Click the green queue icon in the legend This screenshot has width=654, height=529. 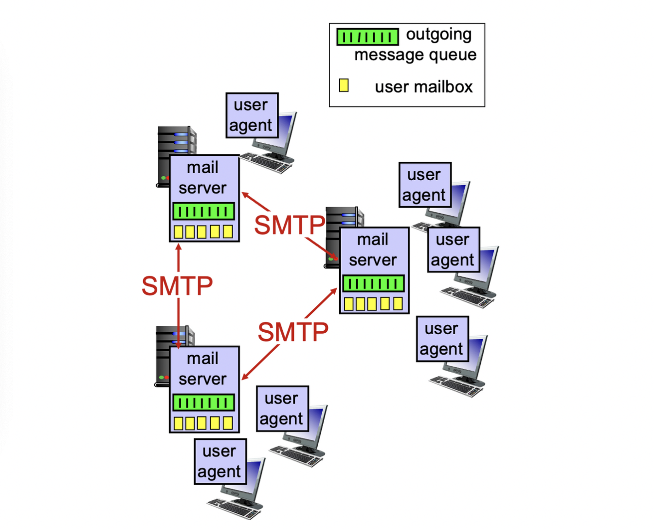tap(367, 37)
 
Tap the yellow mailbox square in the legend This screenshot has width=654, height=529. tap(344, 86)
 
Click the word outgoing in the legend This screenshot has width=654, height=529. tap(438, 35)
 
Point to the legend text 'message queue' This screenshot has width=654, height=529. tap(415, 55)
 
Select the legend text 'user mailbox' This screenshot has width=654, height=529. tap(423, 87)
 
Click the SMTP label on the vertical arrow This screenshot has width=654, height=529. tap(177, 285)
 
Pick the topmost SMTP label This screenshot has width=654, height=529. tap(290, 225)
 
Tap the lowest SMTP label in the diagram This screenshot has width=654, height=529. tap(293, 332)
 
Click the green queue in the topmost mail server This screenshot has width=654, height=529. tap(203, 211)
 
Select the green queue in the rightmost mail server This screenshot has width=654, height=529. tap(373, 283)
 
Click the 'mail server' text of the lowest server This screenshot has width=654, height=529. tap(202, 369)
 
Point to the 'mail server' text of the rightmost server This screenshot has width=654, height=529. tap(373, 250)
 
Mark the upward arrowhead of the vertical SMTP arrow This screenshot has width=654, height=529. tap(179, 247)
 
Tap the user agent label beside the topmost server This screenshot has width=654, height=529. tap(251, 115)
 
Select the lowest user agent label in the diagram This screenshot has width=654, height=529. tap(219, 461)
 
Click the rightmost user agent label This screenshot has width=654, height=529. tap(453, 249)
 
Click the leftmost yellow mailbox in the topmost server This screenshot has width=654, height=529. tap(179, 232)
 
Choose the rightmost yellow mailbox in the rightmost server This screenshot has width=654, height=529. tap(398, 304)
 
